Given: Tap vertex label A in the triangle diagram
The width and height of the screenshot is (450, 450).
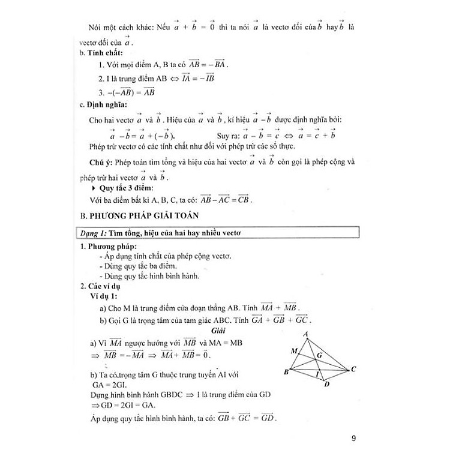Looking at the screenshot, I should pyautogui.click(x=307, y=334).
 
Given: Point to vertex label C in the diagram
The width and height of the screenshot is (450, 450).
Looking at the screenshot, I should pyautogui.click(x=354, y=369).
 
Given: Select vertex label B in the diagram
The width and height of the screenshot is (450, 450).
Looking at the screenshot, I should pyautogui.click(x=286, y=372).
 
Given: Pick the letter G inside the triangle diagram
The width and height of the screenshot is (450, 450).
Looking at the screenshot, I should pyautogui.click(x=320, y=355).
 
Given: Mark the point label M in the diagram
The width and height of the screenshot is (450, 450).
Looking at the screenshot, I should pyautogui.click(x=293, y=350).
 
